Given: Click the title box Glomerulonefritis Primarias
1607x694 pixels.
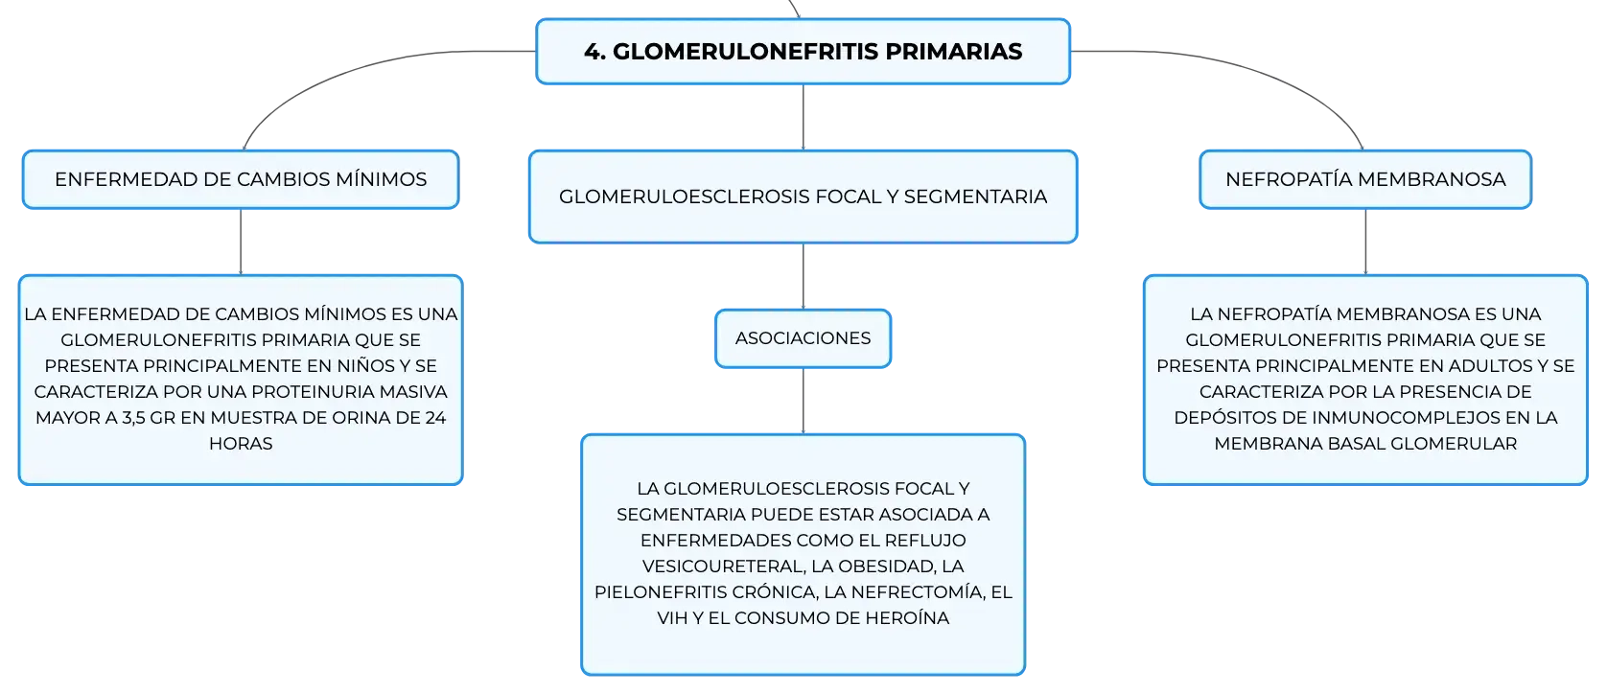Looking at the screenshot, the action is point(803,52).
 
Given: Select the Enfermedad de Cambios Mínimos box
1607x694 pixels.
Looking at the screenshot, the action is point(241,179).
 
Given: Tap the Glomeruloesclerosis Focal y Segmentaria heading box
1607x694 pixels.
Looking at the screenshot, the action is point(803,197).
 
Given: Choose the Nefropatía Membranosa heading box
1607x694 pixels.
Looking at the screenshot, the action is point(1365,179).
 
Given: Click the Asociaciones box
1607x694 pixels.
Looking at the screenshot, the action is point(803,338).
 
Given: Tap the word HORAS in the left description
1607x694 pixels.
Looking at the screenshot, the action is point(241,444).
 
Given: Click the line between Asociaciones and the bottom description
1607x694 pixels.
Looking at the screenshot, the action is point(803,401).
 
